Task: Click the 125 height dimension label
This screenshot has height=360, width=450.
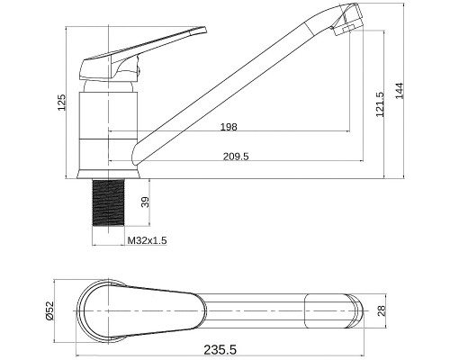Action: [x=61, y=103]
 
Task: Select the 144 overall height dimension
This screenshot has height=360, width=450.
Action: [x=400, y=90]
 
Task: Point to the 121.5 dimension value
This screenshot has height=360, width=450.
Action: [x=380, y=104]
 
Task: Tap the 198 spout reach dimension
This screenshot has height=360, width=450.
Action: [x=229, y=127]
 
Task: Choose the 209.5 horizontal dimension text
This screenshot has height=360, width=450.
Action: [x=236, y=157]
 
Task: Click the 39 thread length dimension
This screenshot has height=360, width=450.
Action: [x=145, y=202]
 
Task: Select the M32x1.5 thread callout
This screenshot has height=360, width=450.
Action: [x=147, y=240]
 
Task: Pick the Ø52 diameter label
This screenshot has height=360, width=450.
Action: [x=49, y=310]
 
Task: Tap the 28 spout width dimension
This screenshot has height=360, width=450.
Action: [x=382, y=311]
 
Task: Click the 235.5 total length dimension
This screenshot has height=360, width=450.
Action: [x=220, y=349]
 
